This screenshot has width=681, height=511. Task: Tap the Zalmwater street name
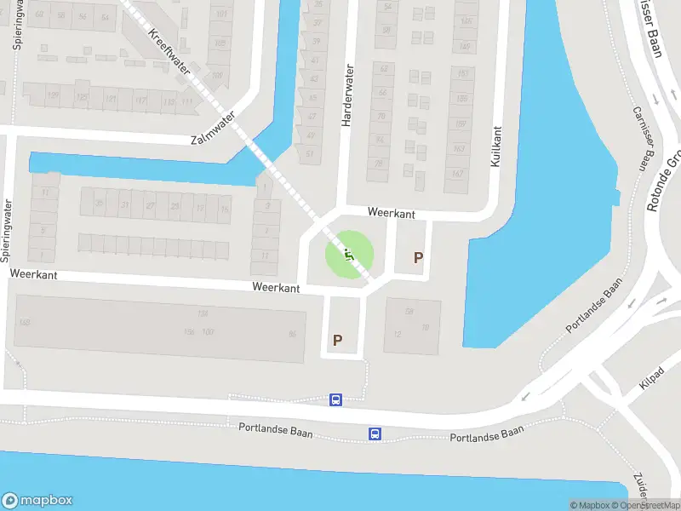(213, 132)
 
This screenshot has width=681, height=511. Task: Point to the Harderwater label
(346, 96)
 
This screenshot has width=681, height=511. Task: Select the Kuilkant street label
(496, 146)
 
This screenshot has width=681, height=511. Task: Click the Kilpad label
(654, 378)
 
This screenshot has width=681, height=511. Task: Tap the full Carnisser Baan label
(646, 139)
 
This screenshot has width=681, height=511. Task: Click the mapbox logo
(37, 501)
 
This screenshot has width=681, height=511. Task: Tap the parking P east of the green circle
(418, 257)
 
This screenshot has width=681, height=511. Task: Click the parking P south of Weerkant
(338, 340)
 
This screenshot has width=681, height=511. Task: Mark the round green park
(349, 254)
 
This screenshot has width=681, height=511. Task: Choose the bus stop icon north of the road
(336, 399)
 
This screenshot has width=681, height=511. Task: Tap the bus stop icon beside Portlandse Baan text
(375, 434)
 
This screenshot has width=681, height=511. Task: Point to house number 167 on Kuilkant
(458, 175)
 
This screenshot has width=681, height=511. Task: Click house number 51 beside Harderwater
(310, 154)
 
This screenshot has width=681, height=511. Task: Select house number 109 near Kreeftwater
(217, 76)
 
